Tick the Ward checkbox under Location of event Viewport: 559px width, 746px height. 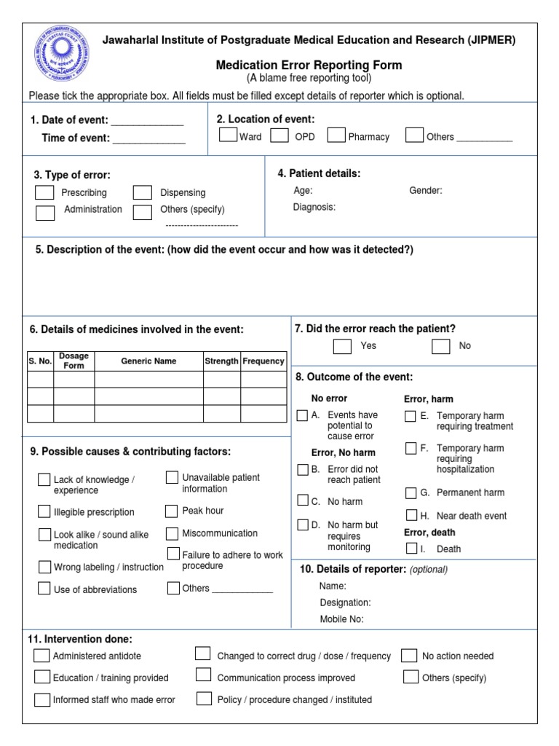228,135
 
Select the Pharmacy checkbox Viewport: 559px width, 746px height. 336,135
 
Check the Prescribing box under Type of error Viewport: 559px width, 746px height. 44,192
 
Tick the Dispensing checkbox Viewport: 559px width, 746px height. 142,192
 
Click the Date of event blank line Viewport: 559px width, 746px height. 147,121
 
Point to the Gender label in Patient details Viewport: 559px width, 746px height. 425,191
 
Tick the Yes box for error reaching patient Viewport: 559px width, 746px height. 342,346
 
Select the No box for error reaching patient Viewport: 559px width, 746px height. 440,346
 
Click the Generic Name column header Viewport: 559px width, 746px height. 148,361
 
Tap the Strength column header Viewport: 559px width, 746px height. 221,361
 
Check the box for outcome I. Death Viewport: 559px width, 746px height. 411,548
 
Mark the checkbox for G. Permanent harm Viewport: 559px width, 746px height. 411,492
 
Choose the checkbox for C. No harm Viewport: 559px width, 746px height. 303,500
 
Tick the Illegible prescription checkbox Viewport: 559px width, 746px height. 44,511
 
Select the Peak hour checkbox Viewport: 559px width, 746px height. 171,511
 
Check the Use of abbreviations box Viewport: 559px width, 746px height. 44,589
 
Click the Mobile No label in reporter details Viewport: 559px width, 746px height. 341,620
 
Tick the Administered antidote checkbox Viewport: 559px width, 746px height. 41,655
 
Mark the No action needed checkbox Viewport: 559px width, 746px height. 410,655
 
